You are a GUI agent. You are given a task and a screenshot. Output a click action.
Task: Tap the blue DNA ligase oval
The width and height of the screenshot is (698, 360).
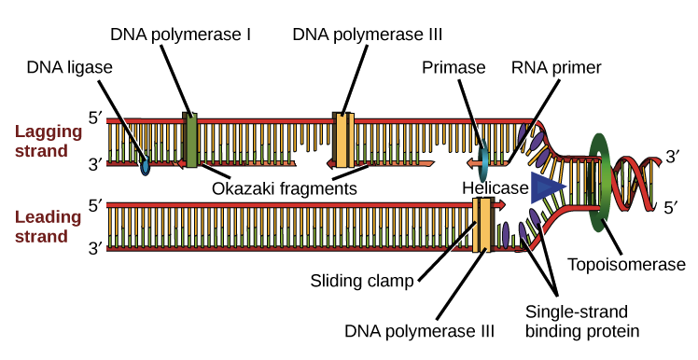click(145, 168)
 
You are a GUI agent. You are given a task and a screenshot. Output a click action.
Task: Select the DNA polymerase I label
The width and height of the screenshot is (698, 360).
click(182, 35)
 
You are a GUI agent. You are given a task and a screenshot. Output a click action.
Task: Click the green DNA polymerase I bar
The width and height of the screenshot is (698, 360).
click(191, 141)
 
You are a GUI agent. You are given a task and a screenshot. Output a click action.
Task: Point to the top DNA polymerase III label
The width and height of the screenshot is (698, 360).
click(367, 35)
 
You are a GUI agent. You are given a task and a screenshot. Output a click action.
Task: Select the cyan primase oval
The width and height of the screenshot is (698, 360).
click(483, 160)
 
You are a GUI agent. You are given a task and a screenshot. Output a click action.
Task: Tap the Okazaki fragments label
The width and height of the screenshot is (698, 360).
click(285, 187)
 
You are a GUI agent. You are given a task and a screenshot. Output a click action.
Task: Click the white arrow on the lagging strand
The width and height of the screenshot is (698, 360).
click(302, 162)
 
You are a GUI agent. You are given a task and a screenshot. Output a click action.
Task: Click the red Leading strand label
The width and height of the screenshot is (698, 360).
click(41, 227)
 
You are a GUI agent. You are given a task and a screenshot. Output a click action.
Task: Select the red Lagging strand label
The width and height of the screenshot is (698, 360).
click(41, 142)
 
